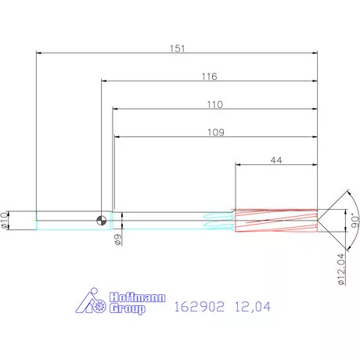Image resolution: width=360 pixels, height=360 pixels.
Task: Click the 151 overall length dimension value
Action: click(x=178, y=49)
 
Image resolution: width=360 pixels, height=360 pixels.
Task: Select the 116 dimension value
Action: click(x=209, y=77)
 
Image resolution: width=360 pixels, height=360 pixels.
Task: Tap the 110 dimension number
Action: click(x=215, y=104)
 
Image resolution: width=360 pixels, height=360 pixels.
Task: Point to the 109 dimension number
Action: click(x=216, y=132)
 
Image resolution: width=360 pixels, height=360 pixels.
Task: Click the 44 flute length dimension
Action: click(x=276, y=160)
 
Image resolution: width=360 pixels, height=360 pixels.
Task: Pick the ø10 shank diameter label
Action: click(x=4, y=221)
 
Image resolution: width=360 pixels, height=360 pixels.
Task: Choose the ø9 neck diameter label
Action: click(x=118, y=239)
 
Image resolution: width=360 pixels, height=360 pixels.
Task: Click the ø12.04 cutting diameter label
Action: click(x=341, y=269)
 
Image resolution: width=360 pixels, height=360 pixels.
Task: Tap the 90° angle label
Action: click(x=355, y=221)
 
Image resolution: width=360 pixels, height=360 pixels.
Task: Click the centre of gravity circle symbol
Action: click(x=102, y=221)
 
